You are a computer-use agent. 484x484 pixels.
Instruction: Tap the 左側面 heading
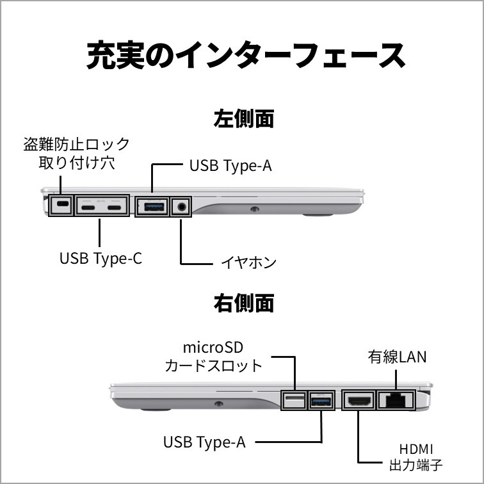(x=242, y=120)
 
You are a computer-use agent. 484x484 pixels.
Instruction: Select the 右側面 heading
(x=242, y=303)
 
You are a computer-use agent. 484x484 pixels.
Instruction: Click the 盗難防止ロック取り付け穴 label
(x=77, y=153)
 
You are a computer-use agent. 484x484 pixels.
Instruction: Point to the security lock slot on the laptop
(x=62, y=206)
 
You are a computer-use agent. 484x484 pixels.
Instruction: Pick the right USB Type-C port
(x=115, y=206)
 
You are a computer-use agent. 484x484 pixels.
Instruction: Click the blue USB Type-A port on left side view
(x=152, y=206)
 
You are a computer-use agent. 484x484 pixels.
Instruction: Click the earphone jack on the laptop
(x=182, y=206)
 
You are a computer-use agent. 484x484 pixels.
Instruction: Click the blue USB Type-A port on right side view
(x=320, y=400)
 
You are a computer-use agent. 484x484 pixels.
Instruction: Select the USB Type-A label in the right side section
(x=205, y=442)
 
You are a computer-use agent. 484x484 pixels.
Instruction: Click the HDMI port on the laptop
(x=359, y=401)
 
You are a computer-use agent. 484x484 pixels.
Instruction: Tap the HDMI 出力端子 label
(x=421, y=456)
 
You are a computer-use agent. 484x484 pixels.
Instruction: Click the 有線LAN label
(x=397, y=356)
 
